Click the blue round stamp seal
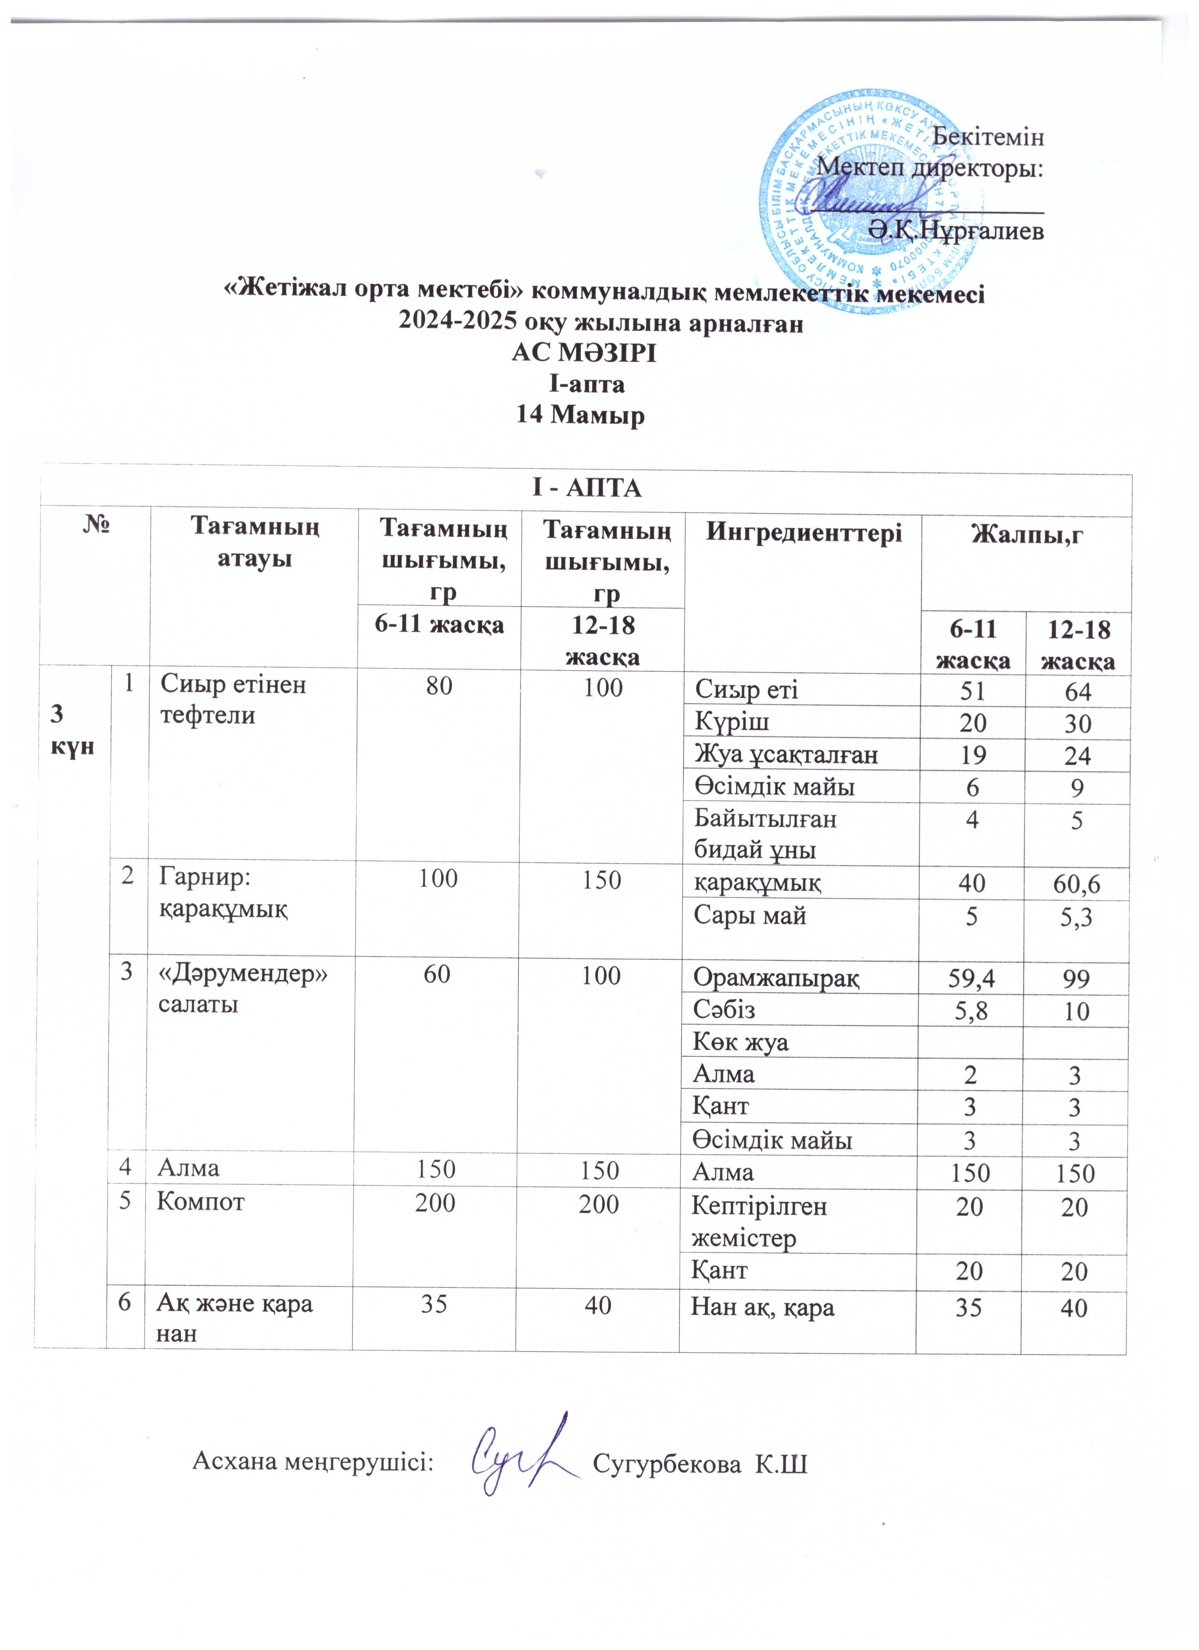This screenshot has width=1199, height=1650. point(872,202)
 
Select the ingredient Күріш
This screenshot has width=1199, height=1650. point(732,722)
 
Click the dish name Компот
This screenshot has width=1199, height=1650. point(201,1201)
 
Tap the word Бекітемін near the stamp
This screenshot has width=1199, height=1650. point(988,136)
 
